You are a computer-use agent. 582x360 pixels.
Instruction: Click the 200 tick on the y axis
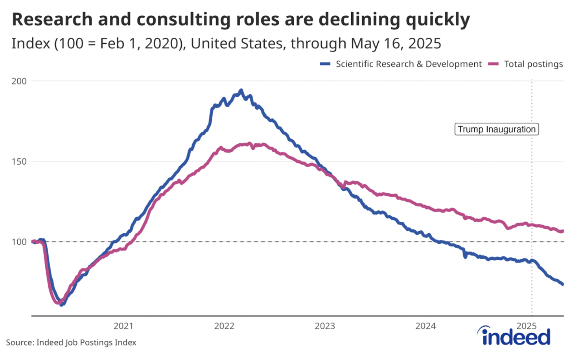[x=19, y=81]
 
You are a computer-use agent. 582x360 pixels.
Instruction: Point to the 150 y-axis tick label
[x=19, y=161]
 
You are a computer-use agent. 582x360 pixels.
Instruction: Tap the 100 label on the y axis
[x=19, y=241]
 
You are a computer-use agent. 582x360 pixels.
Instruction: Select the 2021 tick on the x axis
[x=123, y=326]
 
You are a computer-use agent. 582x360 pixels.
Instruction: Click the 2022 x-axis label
[x=224, y=326]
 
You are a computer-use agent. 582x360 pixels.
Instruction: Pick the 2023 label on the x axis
[x=325, y=326]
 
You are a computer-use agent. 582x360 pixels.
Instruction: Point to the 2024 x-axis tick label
[x=425, y=326]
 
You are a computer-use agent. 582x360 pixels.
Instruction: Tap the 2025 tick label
[x=526, y=326]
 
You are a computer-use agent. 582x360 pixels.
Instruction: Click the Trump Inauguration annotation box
[x=496, y=129]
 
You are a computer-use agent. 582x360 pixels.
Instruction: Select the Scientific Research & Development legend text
[x=409, y=64]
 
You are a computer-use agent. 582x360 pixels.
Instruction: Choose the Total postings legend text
[x=533, y=64]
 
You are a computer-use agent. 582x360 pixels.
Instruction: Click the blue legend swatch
[x=325, y=64]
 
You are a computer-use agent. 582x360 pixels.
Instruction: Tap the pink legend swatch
[x=494, y=64]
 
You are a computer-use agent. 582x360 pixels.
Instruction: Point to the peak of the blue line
[x=241, y=90]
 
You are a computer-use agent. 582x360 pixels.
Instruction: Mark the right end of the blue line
[x=563, y=284]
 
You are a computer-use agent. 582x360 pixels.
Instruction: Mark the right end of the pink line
[x=563, y=231]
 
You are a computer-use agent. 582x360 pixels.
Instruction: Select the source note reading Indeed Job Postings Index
[x=71, y=343]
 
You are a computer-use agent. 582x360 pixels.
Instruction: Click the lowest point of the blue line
[x=61, y=305]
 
